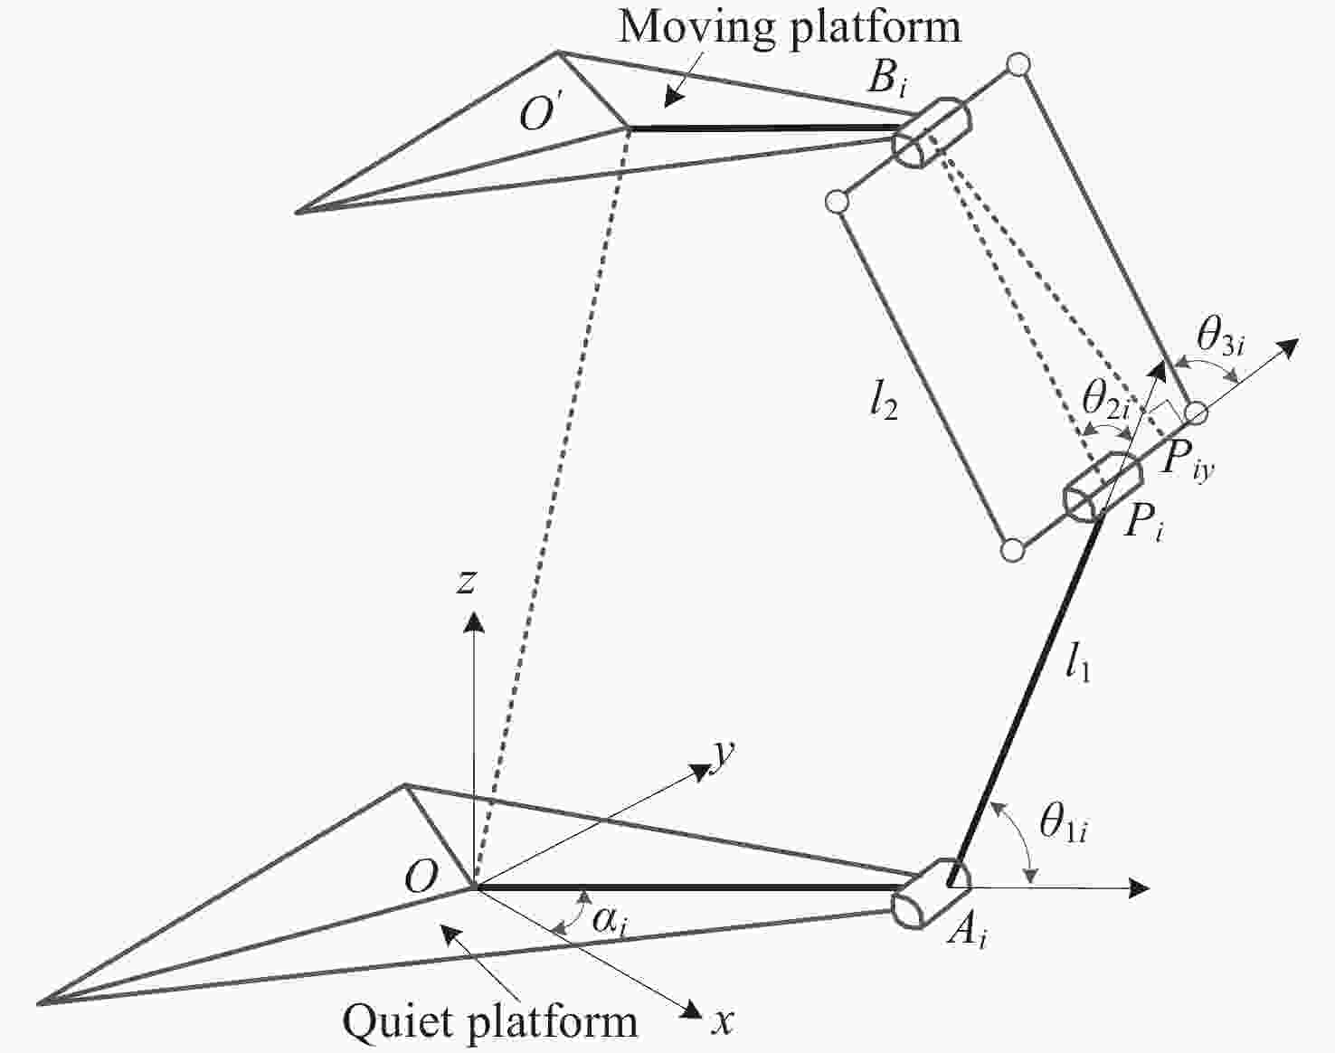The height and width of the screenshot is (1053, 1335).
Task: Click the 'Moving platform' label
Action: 790,29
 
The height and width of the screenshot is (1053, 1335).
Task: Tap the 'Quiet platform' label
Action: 489,1021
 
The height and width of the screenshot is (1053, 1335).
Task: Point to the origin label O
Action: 421,877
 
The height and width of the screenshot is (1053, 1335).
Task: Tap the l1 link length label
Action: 1078,666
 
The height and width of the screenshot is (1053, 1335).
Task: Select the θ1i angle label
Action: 1064,823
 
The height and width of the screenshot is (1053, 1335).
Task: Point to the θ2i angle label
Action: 1106,400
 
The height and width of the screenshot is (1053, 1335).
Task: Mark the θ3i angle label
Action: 1221,338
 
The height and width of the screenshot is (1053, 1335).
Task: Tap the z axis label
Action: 466,582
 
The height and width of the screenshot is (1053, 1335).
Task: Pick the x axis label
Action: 723,1022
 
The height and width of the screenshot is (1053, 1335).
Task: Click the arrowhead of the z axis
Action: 474,621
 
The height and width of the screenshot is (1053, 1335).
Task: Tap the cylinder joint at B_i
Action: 932,131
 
